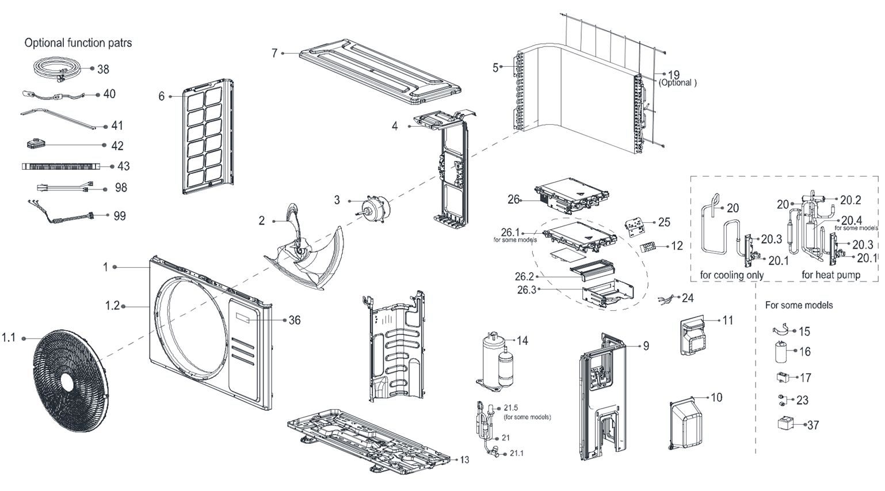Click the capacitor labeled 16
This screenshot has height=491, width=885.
780,351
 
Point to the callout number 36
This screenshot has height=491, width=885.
294,320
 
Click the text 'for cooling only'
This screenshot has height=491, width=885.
731,275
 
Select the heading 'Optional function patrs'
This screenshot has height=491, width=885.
78,43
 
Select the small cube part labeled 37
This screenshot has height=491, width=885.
784,425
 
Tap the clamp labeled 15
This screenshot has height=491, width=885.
780,330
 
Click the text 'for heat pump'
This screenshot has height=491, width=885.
830,275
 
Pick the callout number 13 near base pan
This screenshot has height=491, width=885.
464,459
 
